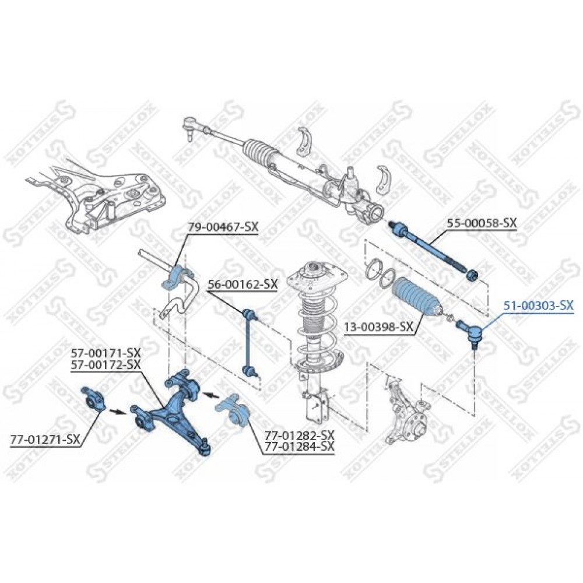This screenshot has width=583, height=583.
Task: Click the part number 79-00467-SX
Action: click(223, 227)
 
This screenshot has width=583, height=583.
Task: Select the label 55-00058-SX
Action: click(482, 223)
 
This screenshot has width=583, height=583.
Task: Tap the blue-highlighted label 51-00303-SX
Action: click(538, 305)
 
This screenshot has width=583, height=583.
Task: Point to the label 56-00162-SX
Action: click(243, 285)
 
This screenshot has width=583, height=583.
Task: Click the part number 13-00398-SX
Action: click(378, 327)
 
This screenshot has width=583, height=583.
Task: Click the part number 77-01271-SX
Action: click(45, 440)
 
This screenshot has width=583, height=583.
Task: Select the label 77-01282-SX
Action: click(300, 435)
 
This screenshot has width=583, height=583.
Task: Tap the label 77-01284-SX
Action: click(300, 447)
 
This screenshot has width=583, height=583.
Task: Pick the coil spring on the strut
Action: click(316, 319)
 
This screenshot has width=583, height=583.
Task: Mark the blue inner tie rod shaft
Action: click(431, 247)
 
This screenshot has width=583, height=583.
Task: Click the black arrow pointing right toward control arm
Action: click(115, 411)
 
